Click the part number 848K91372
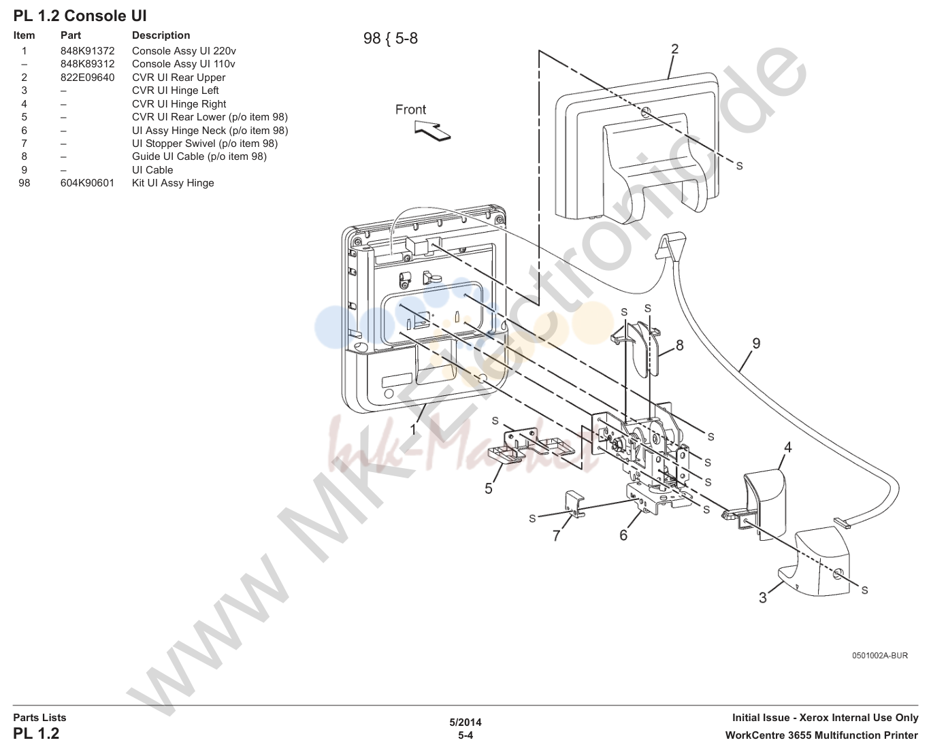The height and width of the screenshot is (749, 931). click(x=87, y=51)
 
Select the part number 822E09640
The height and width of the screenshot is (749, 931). click(x=87, y=78)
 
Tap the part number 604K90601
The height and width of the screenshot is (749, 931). click(x=87, y=183)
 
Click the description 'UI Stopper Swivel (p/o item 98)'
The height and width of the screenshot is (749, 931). click(x=205, y=144)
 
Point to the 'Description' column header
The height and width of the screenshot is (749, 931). click(x=161, y=35)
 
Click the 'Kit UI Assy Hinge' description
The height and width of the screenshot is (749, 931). click(x=173, y=183)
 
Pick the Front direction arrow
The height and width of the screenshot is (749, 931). click(x=432, y=131)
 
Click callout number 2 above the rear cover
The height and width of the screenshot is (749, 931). click(x=674, y=49)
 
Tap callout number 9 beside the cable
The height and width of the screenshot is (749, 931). click(x=756, y=344)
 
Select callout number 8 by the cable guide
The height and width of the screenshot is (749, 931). click(x=680, y=345)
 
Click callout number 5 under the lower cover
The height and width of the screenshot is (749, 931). click(x=489, y=488)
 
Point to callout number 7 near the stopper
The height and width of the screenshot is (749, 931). click(x=556, y=536)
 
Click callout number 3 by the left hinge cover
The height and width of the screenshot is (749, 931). click(x=763, y=598)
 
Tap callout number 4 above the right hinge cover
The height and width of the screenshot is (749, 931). click(x=788, y=447)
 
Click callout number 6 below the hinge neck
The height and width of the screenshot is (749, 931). click(x=623, y=535)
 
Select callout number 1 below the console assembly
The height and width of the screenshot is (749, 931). click(x=413, y=429)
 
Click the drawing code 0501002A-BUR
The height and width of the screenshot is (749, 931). click(x=880, y=656)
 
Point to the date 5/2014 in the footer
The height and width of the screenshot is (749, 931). click(x=465, y=722)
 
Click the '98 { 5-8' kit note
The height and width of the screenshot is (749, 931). click(x=391, y=39)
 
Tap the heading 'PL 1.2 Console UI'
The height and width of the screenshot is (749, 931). click(x=80, y=16)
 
